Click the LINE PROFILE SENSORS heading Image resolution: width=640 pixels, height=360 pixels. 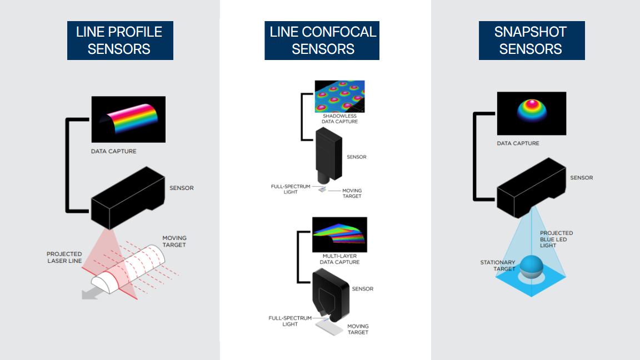pos(119,41)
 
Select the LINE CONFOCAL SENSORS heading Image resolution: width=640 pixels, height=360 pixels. pos(322,41)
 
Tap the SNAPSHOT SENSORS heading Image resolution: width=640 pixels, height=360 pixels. pos(532,41)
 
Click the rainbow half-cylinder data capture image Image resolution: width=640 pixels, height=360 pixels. pos(128,119)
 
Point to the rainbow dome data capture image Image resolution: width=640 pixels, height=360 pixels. pos(531,113)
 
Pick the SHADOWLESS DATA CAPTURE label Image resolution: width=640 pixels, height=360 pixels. pos(340,118)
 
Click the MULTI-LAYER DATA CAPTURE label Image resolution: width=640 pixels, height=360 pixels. pos(341,259)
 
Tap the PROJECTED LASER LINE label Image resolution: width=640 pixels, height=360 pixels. pos(64,257)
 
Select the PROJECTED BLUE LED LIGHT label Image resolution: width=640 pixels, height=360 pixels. pos(556,239)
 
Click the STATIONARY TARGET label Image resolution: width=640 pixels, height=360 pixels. pos(497,266)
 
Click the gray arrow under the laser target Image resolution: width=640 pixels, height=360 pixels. pos(89,293)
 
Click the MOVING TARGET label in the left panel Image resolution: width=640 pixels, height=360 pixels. pos(174,241)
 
